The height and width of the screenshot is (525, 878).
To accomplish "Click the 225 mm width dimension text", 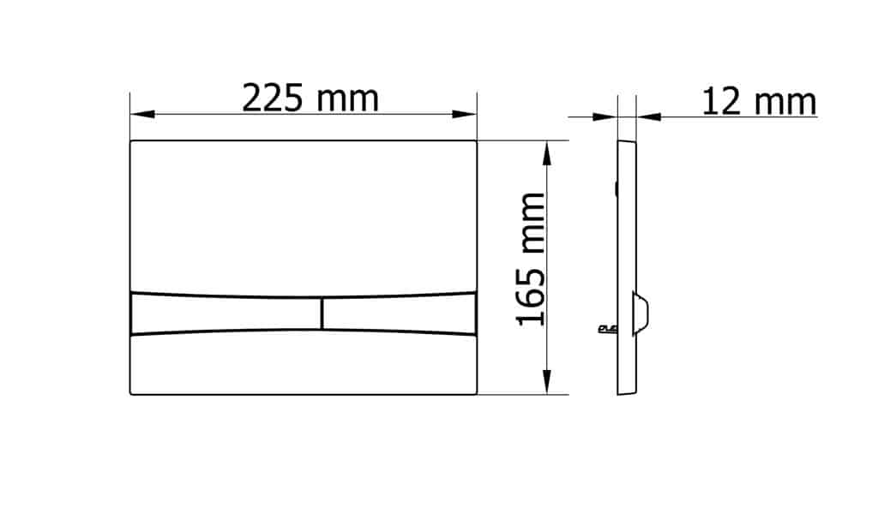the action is tap(310, 98).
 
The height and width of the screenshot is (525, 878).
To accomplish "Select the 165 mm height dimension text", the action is tap(530, 259).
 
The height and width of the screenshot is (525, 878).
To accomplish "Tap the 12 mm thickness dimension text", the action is tap(759, 102).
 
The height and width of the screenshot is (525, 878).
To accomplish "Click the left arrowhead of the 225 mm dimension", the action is tap(142, 114).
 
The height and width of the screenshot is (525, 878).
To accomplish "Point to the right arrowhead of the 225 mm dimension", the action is tap(464, 114).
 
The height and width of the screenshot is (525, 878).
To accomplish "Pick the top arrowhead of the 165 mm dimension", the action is tap(547, 153).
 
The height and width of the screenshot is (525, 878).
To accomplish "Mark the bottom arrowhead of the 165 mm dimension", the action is tap(547, 382).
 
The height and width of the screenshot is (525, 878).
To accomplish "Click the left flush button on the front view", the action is tap(226, 313).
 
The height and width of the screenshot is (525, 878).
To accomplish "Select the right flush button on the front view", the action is tap(400, 313).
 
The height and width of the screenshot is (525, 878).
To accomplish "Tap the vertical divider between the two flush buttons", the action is tap(322, 313).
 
